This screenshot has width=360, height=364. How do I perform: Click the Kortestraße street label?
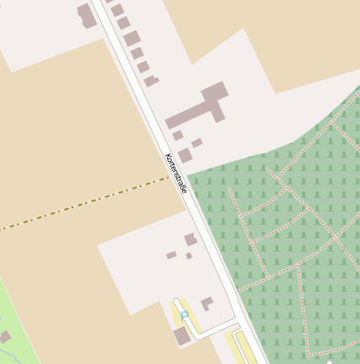pos(175,174)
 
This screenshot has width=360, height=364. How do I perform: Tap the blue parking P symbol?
pos(184,315)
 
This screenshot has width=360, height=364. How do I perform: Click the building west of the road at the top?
pos(86,15)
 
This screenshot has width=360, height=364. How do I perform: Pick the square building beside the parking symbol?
pos(181,335)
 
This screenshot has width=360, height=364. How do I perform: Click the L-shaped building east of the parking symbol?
pos(206,304)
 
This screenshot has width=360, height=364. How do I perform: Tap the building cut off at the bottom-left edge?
pos(4,337)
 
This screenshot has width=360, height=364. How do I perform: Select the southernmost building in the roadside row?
pos(151,81)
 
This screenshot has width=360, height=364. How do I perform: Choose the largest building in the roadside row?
pos(132,39)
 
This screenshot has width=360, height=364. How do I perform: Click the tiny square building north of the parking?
pos(189,255)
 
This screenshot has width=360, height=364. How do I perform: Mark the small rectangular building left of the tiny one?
pos(171,255)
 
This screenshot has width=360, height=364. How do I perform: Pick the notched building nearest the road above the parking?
pos(190,240)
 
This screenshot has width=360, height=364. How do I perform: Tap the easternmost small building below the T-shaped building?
pos(196,143)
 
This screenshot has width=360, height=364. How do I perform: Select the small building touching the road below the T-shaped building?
pos(177,135)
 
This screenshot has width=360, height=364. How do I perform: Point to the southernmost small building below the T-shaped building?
pos(185,155)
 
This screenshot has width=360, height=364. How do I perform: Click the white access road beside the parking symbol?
pos(214,328)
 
